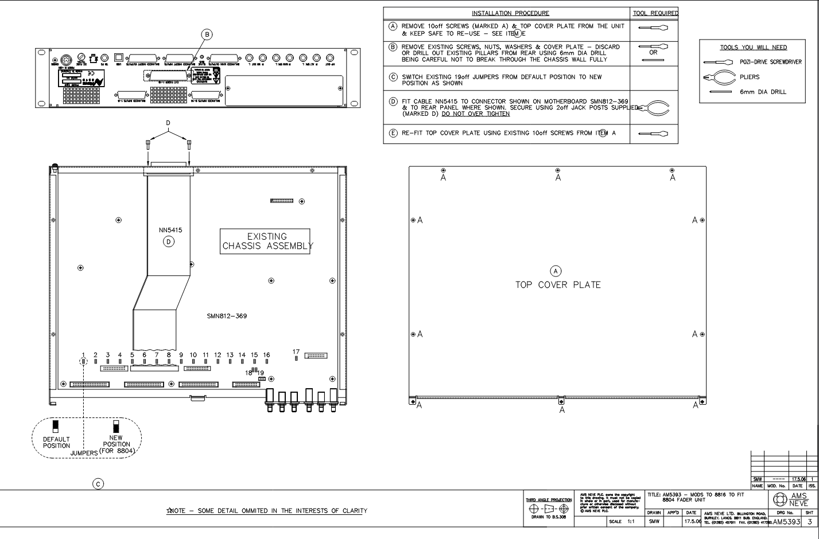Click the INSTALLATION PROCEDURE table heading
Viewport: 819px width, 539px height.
(510, 13)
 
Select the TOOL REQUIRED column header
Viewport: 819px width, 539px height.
(655, 13)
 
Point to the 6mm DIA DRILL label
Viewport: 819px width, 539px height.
(763, 92)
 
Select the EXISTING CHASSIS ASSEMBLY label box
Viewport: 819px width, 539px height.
(267, 241)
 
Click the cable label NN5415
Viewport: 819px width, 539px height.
(170, 231)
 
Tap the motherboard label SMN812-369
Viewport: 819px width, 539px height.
(227, 316)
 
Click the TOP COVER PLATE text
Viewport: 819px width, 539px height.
(557, 285)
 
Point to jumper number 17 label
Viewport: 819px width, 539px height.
(296, 352)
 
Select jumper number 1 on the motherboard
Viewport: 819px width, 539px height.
(84, 361)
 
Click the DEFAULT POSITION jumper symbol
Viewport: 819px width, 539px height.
(56, 426)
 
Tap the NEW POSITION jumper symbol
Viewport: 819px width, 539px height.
(116, 427)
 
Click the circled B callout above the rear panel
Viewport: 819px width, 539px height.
(207, 34)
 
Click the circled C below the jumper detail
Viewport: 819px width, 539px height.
(99, 484)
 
